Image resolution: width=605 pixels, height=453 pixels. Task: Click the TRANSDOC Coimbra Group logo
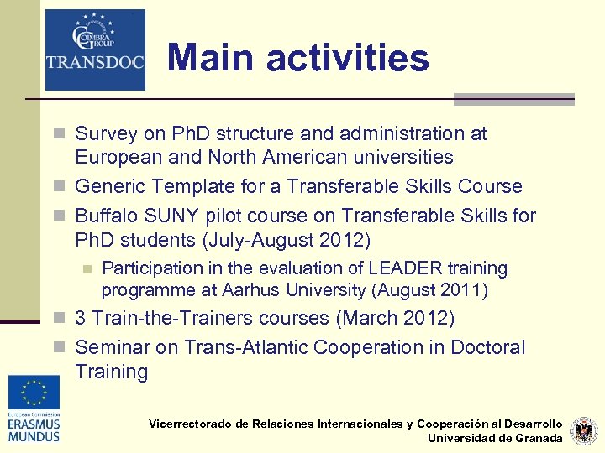click(x=95, y=49)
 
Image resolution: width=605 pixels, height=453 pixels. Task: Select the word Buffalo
click(x=106, y=216)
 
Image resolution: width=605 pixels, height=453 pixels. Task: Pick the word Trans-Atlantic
click(x=232, y=347)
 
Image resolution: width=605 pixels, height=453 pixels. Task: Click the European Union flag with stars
click(x=34, y=391)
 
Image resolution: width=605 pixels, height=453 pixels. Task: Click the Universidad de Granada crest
click(x=583, y=430)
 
